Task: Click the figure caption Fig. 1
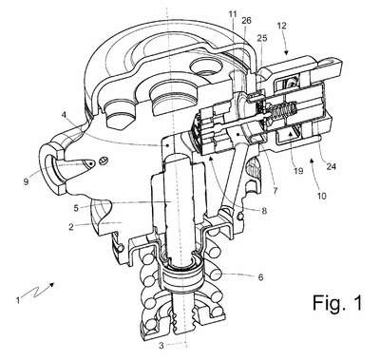pos(337,302)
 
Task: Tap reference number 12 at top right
pos(281,26)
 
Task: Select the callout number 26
pos(246,21)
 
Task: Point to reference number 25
pos(262,38)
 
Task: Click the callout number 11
pos(233,14)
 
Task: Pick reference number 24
pos(331,166)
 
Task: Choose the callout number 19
pos(298,171)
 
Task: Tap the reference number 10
pos(321,196)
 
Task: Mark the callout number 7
pos(275,191)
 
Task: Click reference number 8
pos(264,211)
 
